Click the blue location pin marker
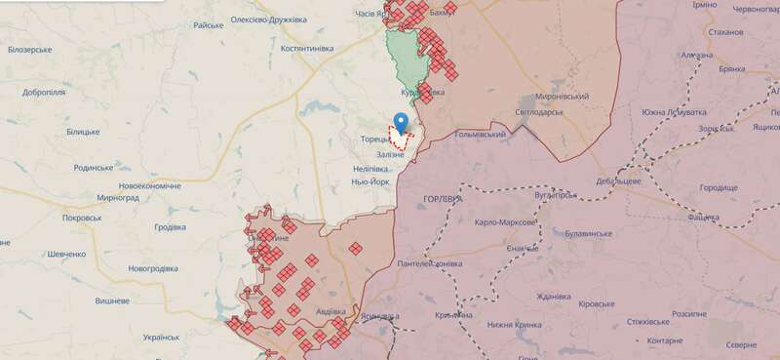(400, 123)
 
